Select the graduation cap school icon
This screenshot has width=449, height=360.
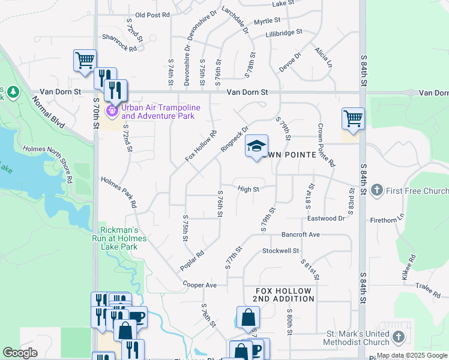[x=256, y=146]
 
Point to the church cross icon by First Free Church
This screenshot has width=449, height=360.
[x=376, y=191]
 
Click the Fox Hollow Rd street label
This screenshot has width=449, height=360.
[x=200, y=146]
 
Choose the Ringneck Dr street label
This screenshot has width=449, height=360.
[x=234, y=139]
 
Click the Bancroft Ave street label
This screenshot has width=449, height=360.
[x=301, y=234]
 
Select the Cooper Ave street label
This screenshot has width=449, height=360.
[x=199, y=285]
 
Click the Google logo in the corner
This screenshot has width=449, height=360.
[x=20, y=353]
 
